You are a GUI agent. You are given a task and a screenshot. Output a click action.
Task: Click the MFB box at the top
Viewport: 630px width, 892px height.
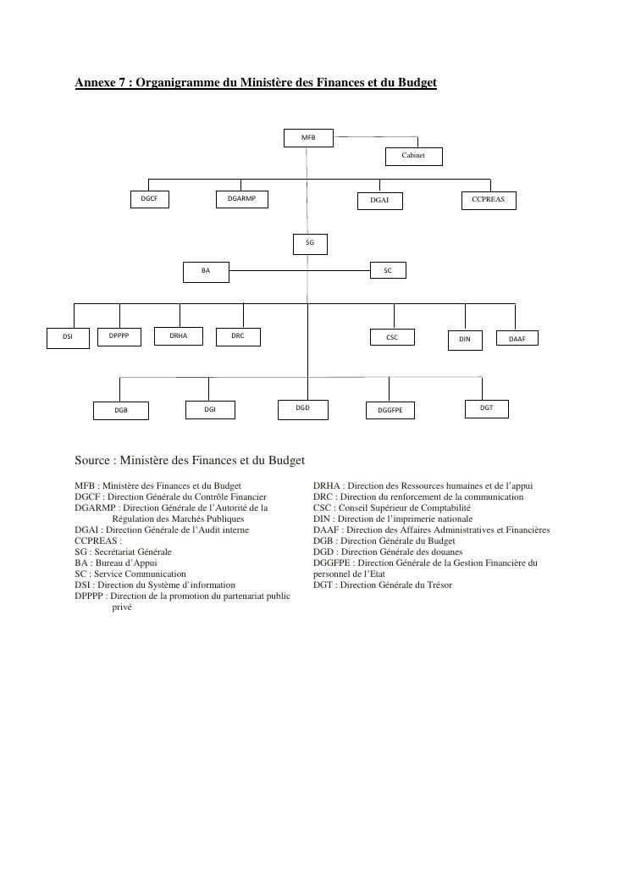309,137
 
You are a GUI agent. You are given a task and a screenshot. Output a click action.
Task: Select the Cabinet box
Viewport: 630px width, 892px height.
413,157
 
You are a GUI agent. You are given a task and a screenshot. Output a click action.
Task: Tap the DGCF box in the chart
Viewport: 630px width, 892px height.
149,200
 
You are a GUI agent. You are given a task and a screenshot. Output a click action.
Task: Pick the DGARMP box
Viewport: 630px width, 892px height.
241,200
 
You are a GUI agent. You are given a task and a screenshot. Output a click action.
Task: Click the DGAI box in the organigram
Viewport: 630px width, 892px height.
379,202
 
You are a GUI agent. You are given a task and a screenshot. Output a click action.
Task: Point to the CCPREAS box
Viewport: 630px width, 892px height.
489,201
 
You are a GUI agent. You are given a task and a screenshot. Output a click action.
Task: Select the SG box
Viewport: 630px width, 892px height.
310,244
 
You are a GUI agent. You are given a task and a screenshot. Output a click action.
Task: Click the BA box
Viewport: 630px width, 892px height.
207,272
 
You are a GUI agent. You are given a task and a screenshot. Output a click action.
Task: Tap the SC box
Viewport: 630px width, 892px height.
388,271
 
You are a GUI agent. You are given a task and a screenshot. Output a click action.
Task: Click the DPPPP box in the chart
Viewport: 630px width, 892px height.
119,336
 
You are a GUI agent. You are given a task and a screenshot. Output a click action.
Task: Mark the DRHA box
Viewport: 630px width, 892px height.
179,336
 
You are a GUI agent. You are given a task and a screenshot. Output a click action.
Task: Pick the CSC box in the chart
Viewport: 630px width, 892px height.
392,337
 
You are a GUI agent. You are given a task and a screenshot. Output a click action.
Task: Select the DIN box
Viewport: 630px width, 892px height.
465,340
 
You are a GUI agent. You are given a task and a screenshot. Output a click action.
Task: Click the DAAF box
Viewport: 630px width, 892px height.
517,339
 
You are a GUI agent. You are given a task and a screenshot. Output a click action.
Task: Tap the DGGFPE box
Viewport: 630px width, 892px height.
390,411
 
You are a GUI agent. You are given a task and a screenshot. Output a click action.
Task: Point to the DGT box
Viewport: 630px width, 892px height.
487,408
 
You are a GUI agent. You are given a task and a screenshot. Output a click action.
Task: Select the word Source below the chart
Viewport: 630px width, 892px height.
93,460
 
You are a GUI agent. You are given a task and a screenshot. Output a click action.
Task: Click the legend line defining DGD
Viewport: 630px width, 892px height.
388,551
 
